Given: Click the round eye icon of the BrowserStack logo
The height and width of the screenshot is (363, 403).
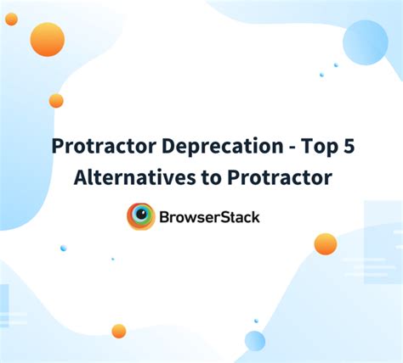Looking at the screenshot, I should coord(140,216).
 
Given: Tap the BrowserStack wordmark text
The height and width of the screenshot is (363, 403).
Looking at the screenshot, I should coord(209,217).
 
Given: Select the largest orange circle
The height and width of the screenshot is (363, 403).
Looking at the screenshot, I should coord(47,39).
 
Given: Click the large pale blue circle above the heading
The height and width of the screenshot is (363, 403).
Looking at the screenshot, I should coord(365,42).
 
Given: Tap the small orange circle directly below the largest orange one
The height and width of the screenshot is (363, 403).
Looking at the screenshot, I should coord(56,101).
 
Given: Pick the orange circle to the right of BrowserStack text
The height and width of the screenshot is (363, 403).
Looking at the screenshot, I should coord(325,244).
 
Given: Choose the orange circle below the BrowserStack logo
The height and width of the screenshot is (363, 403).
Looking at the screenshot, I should coord(119,331).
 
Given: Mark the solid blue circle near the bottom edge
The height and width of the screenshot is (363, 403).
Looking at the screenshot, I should coord(254,340).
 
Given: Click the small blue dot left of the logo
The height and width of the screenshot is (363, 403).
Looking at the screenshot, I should coord(63,248).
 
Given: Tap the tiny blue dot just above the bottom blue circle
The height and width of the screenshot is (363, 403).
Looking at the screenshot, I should coord(255,321).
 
